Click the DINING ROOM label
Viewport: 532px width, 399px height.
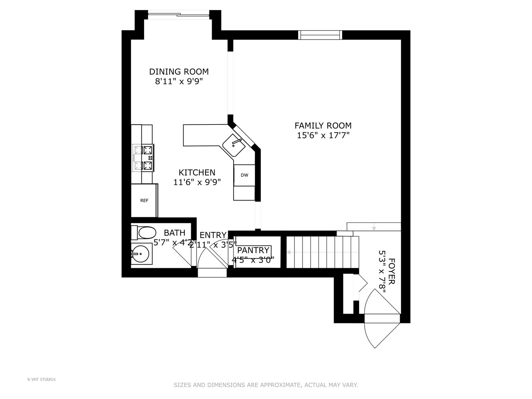179,72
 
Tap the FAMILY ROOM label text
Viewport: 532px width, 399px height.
323,126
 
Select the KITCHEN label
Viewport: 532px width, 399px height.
197,173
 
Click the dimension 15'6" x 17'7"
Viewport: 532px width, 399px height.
323,136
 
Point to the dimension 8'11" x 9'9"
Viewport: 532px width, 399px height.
179,82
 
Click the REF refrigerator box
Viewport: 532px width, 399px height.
144,201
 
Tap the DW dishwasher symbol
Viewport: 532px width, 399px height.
244,175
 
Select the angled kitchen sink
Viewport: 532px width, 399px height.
234,145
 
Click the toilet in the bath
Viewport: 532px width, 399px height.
144,233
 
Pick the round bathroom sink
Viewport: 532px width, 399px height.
140,254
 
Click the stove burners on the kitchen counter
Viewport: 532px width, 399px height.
143,158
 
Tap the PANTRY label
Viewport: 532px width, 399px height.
253,250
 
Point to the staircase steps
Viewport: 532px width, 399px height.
322,252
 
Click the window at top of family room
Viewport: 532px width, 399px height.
320,35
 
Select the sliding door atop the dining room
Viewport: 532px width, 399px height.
178,15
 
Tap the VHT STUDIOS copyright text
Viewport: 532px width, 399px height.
41,379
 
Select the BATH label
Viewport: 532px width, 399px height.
174,233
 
